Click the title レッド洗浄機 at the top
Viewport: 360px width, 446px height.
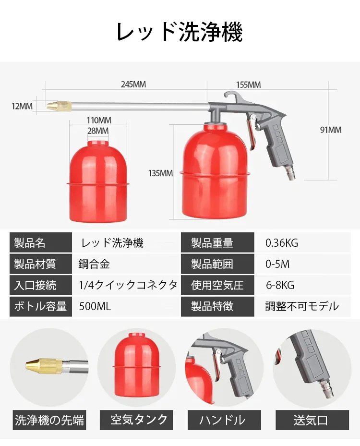pos(180,32)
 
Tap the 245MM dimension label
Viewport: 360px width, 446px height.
pos(133,84)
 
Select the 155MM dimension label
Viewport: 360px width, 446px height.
pos(248,84)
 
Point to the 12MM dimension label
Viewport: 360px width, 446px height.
pos(22,106)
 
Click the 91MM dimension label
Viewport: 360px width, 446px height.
pos(331,130)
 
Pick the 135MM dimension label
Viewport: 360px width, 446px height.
pos(160,173)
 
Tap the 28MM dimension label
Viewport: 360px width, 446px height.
pos(98,131)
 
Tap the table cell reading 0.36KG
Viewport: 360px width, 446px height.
pos(282,243)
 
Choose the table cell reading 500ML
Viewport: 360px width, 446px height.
pos(95,306)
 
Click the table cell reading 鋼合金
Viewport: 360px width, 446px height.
pos(94,264)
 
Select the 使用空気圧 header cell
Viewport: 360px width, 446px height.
pos(217,285)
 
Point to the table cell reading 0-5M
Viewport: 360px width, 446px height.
pos(277,264)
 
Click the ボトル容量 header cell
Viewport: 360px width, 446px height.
pos(40,306)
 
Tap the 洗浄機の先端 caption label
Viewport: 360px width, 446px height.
pos(49,421)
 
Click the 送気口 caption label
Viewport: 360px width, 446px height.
pos(311,421)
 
